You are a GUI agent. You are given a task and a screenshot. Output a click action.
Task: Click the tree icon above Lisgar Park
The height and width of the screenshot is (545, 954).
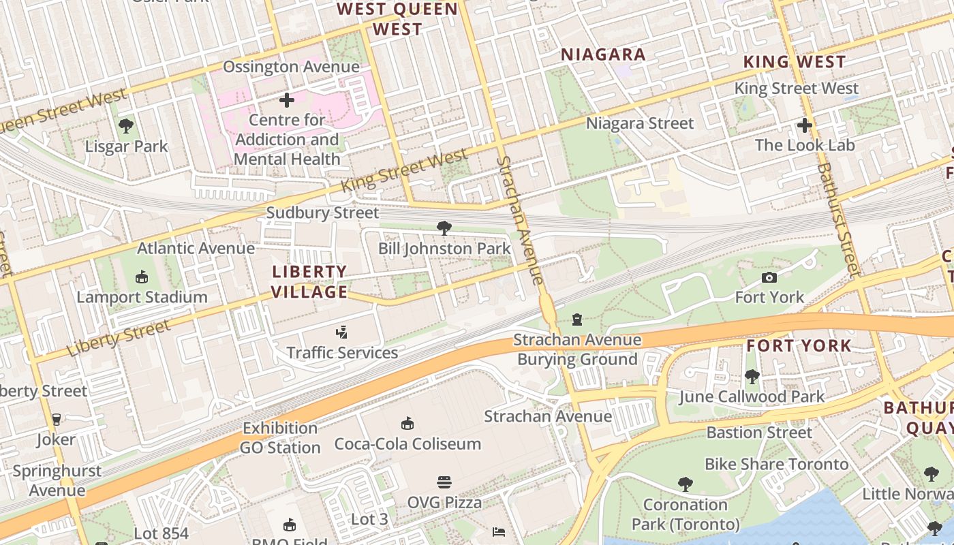(125, 125)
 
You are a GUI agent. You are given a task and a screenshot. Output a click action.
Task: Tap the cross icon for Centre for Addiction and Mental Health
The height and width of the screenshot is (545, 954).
(287, 100)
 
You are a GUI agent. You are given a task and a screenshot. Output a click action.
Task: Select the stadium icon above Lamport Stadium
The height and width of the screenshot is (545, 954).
(142, 277)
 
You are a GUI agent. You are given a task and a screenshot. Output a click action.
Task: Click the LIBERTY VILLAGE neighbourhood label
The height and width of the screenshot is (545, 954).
(310, 282)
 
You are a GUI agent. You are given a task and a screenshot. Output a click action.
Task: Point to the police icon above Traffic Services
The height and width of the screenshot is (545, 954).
(341, 332)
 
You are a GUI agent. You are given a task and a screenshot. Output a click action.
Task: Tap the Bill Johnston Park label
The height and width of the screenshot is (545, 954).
(444, 249)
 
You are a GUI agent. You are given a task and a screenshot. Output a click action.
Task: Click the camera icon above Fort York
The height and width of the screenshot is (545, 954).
(769, 277)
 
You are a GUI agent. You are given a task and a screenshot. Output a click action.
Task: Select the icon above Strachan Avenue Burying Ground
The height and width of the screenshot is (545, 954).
(577, 319)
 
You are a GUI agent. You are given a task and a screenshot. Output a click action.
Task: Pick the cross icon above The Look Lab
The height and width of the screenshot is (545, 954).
(804, 125)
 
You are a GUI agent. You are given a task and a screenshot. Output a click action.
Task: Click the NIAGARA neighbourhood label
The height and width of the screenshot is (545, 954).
(602, 55)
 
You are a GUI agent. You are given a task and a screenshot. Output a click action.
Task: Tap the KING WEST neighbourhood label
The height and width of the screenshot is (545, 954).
(794, 62)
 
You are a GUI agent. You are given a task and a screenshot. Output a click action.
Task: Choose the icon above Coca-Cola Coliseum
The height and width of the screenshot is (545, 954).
(407, 424)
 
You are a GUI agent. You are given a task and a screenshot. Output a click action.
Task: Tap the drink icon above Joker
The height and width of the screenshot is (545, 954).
(56, 420)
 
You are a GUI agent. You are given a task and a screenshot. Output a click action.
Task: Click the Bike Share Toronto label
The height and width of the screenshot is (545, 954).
(776, 465)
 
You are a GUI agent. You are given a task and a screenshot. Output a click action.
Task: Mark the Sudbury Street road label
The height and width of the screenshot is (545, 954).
(322, 213)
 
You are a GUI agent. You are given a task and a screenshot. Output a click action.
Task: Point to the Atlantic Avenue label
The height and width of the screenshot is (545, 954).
(196, 248)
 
